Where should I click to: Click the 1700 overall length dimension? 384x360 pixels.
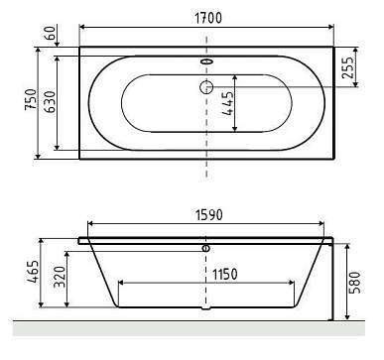tap(207, 18)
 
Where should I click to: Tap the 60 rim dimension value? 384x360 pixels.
tap(51, 33)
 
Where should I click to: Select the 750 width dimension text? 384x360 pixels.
tap(31, 99)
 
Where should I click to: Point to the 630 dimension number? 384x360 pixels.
tap(50, 101)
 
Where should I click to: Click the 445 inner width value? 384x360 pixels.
tap(227, 103)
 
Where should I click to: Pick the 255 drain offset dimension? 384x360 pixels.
tap(347, 67)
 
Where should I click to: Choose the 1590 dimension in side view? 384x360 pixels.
tap(209, 215)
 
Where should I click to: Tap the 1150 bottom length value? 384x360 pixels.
tap(225, 274)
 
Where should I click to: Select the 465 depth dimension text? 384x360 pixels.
tap(33, 272)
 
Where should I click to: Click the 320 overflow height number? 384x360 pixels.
tap(60, 277)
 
